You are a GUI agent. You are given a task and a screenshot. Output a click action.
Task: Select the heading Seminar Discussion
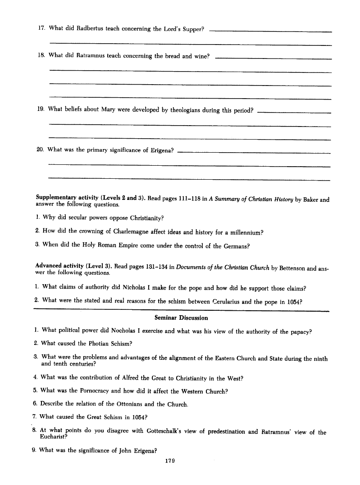point(181,317)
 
